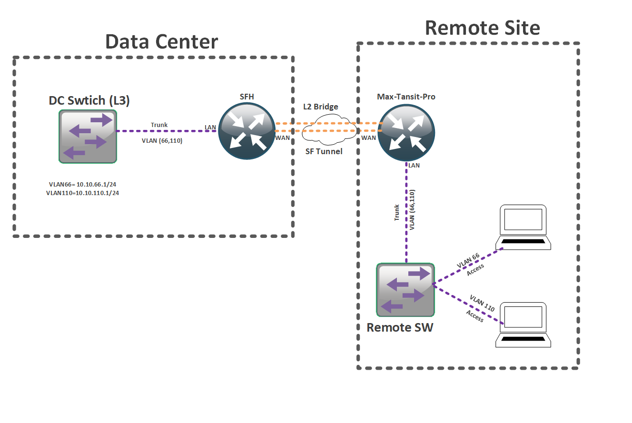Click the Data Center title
coord(161,41)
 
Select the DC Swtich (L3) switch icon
coord(88,137)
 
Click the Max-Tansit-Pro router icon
coord(406,131)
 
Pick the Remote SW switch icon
coord(405,290)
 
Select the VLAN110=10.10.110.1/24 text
coord(83,193)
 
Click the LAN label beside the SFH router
coord(210,128)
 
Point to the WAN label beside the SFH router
coord(282,138)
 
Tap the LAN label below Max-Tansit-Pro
coord(414,165)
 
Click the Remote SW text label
coord(400,327)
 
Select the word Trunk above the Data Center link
coord(159,125)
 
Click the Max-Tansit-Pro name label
coord(406,97)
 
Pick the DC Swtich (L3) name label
coord(89,101)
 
